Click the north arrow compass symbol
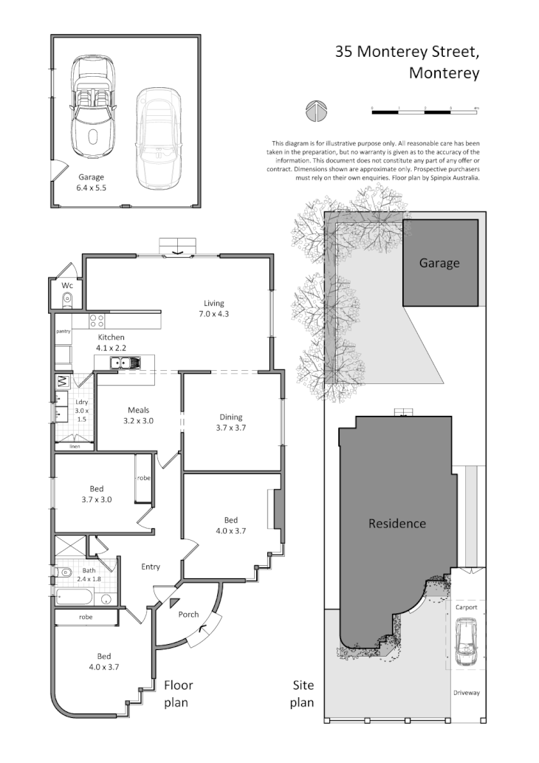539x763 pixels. [x=315, y=111]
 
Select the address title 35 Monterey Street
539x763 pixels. [x=408, y=52]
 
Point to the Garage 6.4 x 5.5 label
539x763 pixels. [x=92, y=182]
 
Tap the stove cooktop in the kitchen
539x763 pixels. [x=97, y=321]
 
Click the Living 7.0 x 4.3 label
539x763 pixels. [x=214, y=309]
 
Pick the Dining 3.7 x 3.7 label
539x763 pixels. [x=230, y=422]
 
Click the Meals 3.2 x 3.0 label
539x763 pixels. [x=139, y=415]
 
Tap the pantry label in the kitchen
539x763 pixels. [x=63, y=332]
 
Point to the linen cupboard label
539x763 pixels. [x=75, y=446]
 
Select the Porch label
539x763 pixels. [x=189, y=615]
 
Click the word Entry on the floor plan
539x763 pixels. [x=151, y=567]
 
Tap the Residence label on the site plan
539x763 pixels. [x=397, y=524]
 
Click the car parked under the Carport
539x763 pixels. [x=467, y=641]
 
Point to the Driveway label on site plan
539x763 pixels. [x=467, y=693]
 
